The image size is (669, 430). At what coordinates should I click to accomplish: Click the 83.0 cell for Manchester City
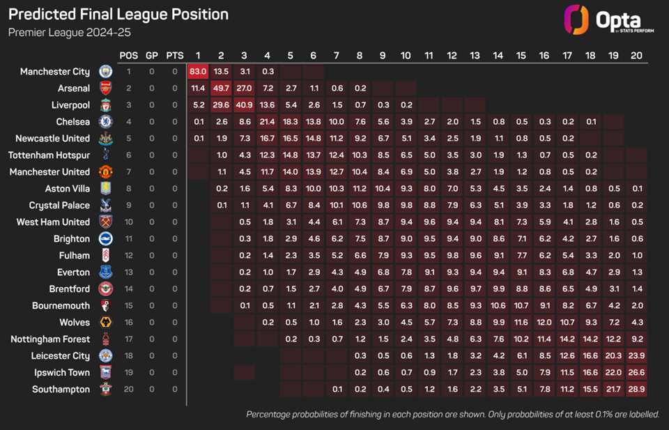pos(198,71)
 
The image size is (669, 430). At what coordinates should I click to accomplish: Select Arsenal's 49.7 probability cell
pos(221,88)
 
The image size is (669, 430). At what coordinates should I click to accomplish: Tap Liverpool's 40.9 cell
pos(244,105)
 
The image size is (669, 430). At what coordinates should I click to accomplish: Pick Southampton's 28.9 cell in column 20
pos(636,389)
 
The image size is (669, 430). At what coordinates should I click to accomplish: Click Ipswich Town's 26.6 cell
pos(636,372)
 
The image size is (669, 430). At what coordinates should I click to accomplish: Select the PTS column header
pos(174,55)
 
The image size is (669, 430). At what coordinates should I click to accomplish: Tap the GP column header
pos(151,55)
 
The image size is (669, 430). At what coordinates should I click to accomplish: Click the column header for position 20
pos(636,55)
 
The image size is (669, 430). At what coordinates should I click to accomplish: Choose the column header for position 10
pos(406,55)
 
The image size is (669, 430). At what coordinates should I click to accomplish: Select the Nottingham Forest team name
pos(50,339)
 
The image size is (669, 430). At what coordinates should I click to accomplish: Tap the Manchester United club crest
pos(105,171)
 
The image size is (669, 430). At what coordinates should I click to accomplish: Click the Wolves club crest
pos(105,322)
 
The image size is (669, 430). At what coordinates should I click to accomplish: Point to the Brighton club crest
pos(105,238)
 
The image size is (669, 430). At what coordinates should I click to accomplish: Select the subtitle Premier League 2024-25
pos(69,32)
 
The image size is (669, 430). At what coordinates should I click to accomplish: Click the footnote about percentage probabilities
pos(452,415)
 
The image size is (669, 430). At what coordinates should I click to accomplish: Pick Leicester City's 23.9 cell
pos(636,355)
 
